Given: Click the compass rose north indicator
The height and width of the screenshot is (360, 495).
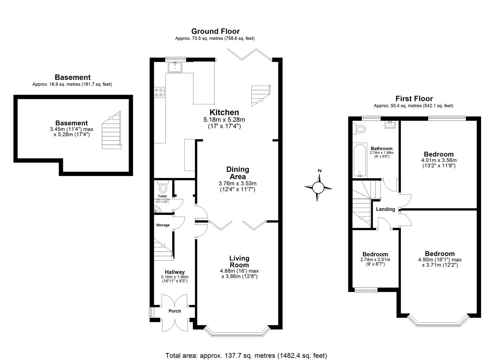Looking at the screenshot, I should [x=319, y=171].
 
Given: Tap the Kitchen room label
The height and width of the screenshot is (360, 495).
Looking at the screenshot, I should [x=224, y=112].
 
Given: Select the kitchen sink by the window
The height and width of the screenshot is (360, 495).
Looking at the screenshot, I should [x=175, y=67].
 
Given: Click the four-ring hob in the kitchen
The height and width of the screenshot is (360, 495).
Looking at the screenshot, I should [x=159, y=92].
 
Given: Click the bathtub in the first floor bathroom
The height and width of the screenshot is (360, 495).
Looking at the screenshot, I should [x=359, y=161].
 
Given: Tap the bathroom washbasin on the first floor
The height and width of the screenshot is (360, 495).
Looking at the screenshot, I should [x=390, y=125].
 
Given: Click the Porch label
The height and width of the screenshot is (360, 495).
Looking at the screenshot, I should [x=175, y=311].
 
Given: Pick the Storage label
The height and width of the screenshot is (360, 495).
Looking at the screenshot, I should [x=163, y=225].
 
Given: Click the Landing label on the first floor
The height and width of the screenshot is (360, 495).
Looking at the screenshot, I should [x=385, y=209].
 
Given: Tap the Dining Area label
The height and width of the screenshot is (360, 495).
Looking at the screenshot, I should [x=237, y=173].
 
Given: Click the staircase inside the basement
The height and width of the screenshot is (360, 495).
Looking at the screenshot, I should [x=111, y=131].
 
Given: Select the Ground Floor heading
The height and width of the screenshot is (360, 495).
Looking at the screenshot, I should [x=215, y=31].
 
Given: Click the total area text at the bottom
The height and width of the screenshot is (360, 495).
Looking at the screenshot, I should [x=246, y=355].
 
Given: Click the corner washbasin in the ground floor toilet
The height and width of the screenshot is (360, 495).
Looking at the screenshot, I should [x=157, y=209].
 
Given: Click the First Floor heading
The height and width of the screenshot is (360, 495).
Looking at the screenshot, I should [x=414, y=99].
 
